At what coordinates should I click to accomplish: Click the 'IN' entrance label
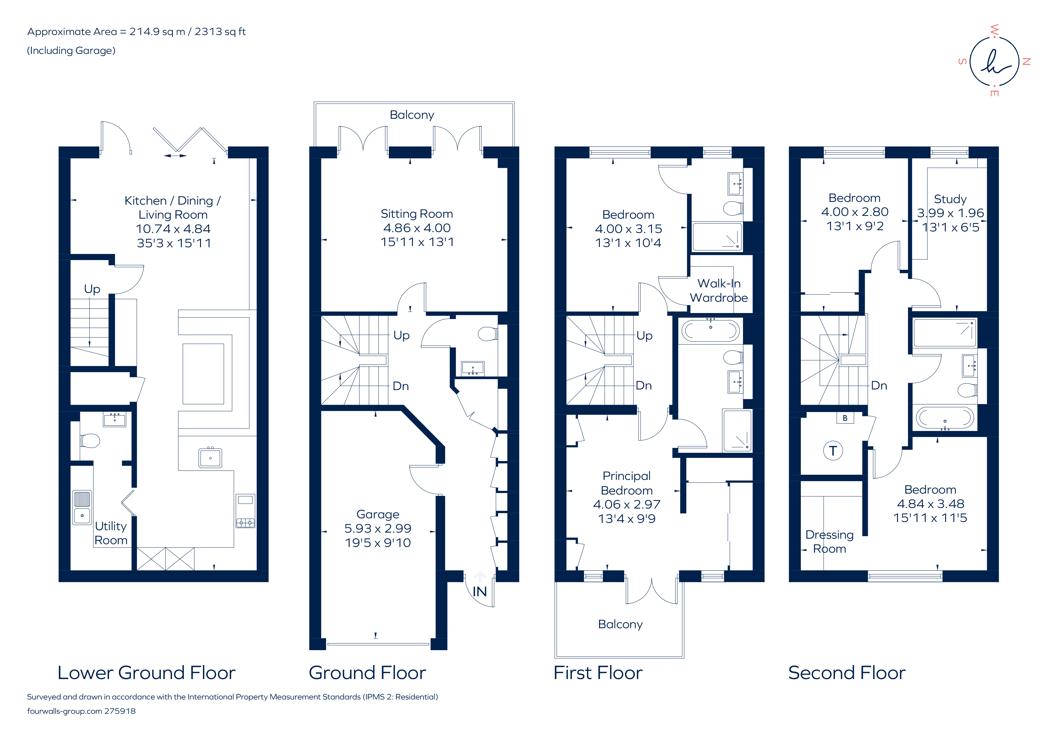pyautogui.click(x=479, y=592)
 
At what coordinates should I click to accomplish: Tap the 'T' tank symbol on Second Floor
pyautogui.click(x=832, y=451)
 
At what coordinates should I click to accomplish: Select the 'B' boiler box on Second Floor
pyautogui.click(x=845, y=418)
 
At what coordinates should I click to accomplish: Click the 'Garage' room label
pyautogui.click(x=378, y=514)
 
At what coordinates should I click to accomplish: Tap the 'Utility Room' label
pyautogui.click(x=111, y=533)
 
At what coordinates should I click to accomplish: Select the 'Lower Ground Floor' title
pyautogui.click(x=146, y=673)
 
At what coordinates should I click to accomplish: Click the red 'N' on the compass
pyautogui.click(x=1026, y=62)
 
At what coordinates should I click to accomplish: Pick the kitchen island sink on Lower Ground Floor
pyautogui.click(x=210, y=458)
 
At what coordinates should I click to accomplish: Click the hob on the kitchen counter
pyautogui.click(x=245, y=523)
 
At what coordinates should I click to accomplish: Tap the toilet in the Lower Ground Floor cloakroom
pyautogui.click(x=90, y=441)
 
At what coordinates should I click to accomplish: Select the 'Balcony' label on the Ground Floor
pyautogui.click(x=412, y=115)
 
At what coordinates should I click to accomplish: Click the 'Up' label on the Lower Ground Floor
pyautogui.click(x=92, y=289)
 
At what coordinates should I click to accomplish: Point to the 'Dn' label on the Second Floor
pyautogui.click(x=878, y=386)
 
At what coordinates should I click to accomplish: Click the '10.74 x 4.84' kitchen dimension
pyautogui.click(x=173, y=229)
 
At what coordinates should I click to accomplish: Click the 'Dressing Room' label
pyautogui.click(x=829, y=541)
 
